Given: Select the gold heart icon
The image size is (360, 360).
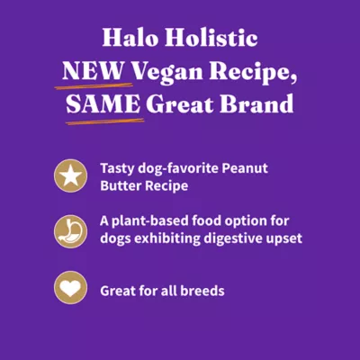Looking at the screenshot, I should [x=68, y=290].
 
